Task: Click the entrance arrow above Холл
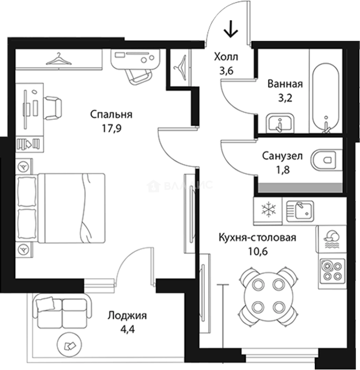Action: [230, 29]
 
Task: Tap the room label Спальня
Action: [111, 114]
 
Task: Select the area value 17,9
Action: [111, 128]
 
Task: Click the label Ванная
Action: [285, 84]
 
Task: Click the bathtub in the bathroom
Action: [325, 98]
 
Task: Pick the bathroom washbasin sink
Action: [280, 123]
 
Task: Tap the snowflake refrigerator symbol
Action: [268, 210]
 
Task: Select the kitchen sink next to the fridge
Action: [300, 211]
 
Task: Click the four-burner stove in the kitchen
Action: [332, 271]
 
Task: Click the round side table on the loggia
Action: [70, 345]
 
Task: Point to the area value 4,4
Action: [128, 329]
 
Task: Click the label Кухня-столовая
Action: [257, 237]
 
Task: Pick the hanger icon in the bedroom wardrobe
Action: [59, 59]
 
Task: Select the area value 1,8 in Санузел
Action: [283, 170]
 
